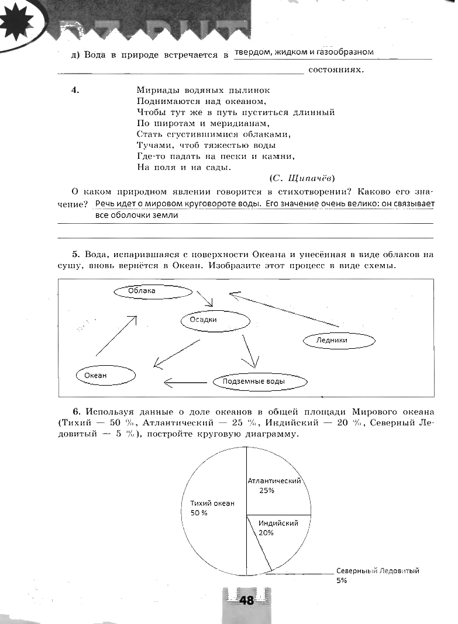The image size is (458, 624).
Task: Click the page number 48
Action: (246, 600)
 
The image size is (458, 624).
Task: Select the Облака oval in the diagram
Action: (153, 291)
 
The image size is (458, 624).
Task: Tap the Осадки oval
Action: (215, 320)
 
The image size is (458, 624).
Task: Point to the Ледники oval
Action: (338, 340)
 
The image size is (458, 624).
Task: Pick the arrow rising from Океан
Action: (116, 335)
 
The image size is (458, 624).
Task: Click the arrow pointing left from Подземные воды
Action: (185, 383)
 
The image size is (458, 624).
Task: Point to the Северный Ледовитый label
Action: (377, 571)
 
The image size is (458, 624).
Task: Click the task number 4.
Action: (75, 90)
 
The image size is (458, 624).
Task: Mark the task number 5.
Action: (75, 255)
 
